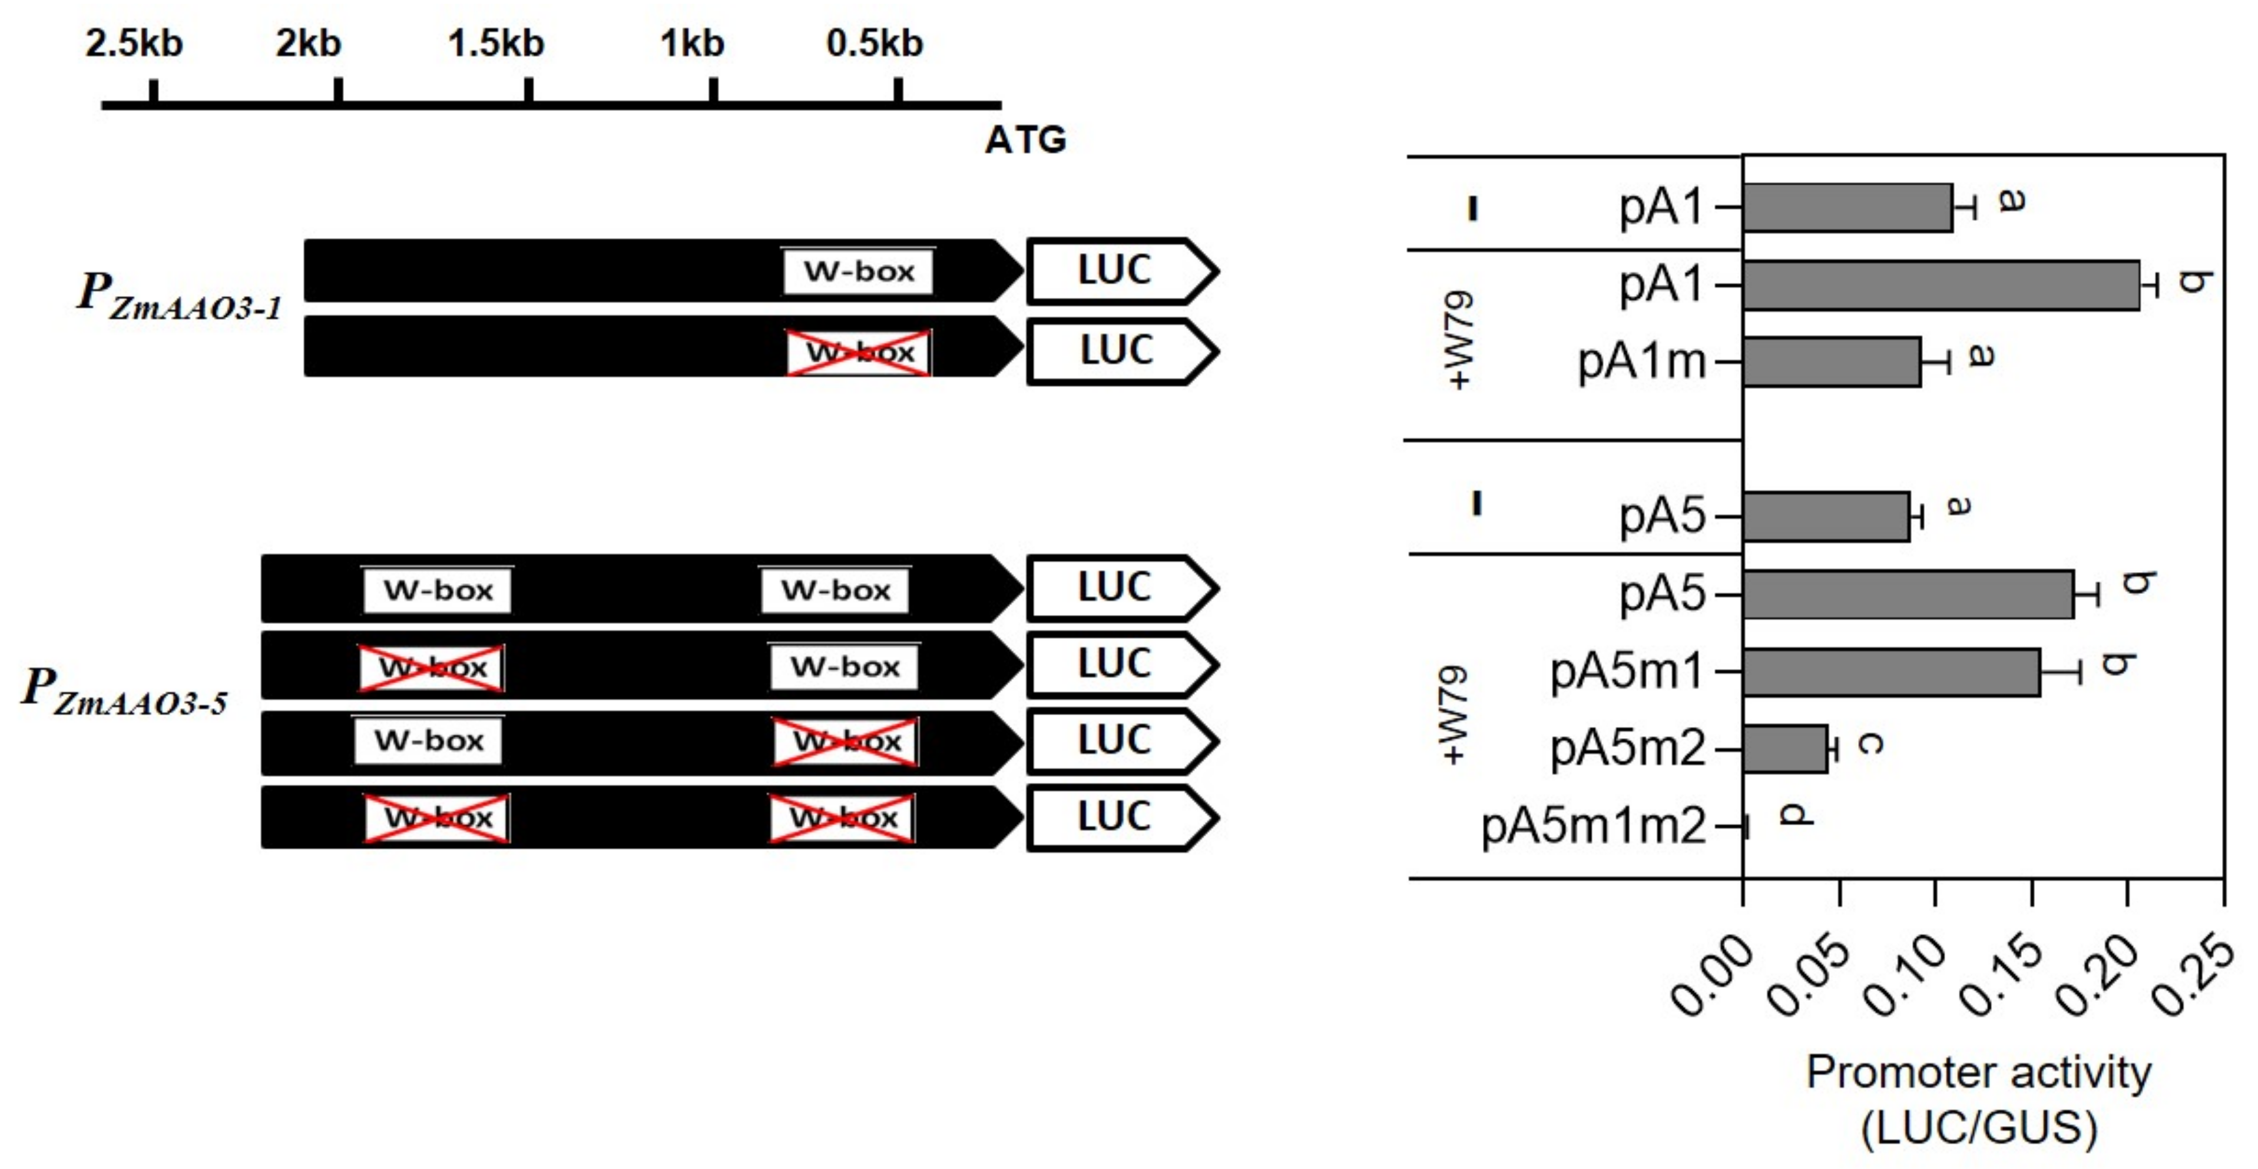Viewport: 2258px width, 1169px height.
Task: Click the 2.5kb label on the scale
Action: point(134,43)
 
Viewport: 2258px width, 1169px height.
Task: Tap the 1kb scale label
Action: point(693,43)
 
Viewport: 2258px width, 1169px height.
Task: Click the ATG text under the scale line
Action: point(1025,140)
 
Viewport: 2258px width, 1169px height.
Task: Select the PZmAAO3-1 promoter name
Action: point(180,295)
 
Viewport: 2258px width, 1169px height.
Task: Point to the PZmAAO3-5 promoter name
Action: point(124,690)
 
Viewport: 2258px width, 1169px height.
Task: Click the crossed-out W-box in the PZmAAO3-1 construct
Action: point(859,352)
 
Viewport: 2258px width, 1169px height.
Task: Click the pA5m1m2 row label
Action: point(1594,825)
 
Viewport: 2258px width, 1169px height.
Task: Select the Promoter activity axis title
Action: point(1978,1072)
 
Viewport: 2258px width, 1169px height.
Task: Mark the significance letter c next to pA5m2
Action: point(1870,744)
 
